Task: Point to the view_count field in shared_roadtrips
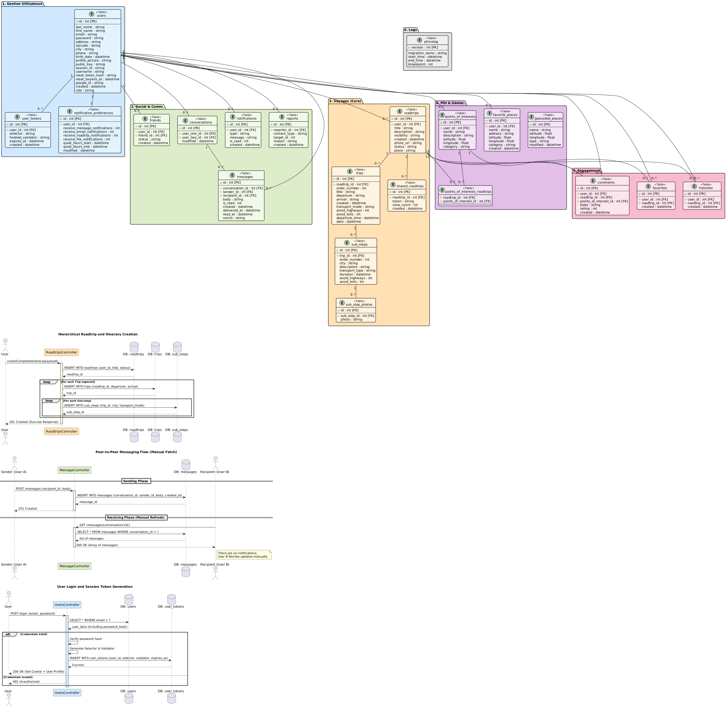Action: (405, 205)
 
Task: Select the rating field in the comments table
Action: (588, 209)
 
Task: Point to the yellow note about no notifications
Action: (244, 555)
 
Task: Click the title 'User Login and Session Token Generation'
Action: (95, 586)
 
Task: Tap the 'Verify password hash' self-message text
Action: (86, 639)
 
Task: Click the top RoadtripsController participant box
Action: (61, 352)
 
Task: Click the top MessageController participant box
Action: (74, 470)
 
